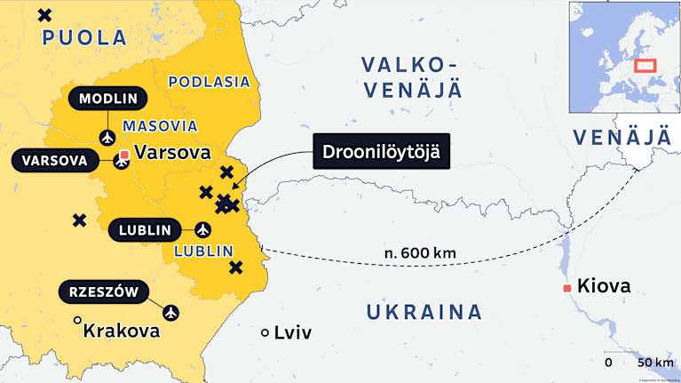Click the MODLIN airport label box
(x=107, y=99)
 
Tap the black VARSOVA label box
(x=54, y=160)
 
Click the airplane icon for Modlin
(x=107, y=137)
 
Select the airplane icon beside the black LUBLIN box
(x=202, y=229)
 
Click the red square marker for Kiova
(x=566, y=288)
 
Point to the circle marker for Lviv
(x=265, y=333)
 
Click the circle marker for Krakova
(x=77, y=320)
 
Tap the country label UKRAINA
(x=424, y=312)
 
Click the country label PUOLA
(x=84, y=37)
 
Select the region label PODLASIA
(x=209, y=82)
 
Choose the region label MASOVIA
(x=160, y=126)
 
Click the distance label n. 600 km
(x=420, y=253)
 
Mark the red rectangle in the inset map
(x=645, y=66)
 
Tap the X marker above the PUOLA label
(x=44, y=14)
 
